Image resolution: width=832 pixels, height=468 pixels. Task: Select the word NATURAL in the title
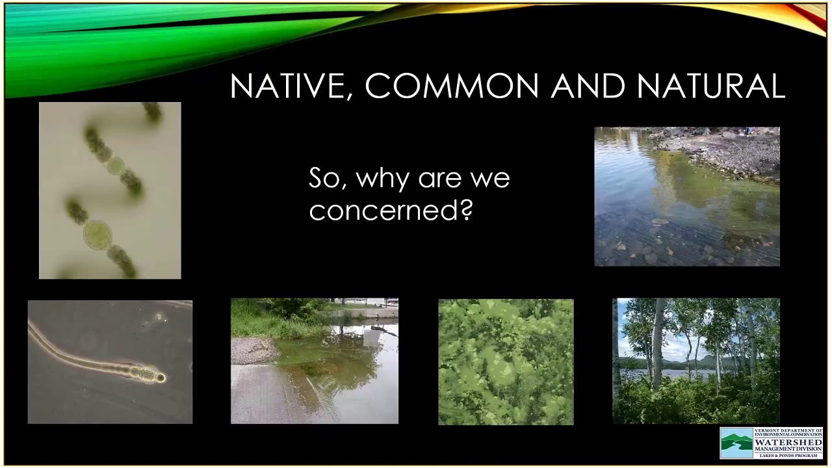tap(710, 86)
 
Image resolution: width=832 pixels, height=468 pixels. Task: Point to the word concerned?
tap(390, 210)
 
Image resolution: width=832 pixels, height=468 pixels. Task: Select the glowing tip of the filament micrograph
tap(160, 377)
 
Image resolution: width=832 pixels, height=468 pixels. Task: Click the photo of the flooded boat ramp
tap(315, 361)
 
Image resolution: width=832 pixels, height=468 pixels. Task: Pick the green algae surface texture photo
tap(506, 361)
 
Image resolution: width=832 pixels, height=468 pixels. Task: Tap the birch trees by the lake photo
tap(695, 361)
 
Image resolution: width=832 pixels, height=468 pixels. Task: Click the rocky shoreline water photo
tap(686, 196)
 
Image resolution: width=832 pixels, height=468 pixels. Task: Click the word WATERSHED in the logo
tap(788, 443)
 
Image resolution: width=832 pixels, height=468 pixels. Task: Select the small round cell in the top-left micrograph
tap(115, 164)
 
